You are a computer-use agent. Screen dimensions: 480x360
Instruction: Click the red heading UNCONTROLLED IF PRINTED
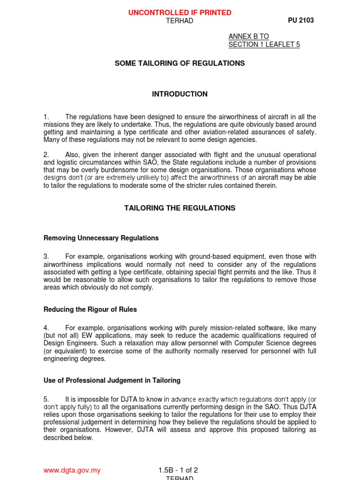(180, 13)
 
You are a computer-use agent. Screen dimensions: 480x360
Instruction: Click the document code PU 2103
(300, 21)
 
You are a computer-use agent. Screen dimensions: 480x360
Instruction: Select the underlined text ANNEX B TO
(248, 37)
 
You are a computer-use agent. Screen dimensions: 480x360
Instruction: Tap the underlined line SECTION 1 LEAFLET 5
(264, 45)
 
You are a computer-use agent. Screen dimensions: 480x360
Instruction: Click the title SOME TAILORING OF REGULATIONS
(180, 63)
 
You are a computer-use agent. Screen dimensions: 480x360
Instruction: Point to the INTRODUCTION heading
(180, 94)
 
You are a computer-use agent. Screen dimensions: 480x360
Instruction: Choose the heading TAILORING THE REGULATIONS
(180, 208)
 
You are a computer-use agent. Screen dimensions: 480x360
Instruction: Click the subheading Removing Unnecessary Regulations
(101, 238)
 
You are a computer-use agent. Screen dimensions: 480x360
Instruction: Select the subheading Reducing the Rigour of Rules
(90, 309)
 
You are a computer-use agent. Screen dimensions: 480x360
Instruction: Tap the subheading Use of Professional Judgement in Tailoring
(112, 381)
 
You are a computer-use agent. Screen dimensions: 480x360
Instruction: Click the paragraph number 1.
(46, 117)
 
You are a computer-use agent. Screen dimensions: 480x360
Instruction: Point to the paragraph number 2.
(46, 155)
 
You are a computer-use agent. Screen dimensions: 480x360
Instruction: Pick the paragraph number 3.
(46, 257)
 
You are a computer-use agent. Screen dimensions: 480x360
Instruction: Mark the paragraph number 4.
(46, 328)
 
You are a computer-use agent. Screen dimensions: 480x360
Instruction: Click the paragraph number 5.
(46, 399)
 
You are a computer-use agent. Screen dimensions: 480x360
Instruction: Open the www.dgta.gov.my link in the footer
(72, 471)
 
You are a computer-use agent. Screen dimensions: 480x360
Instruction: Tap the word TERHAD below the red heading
(180, 21)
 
